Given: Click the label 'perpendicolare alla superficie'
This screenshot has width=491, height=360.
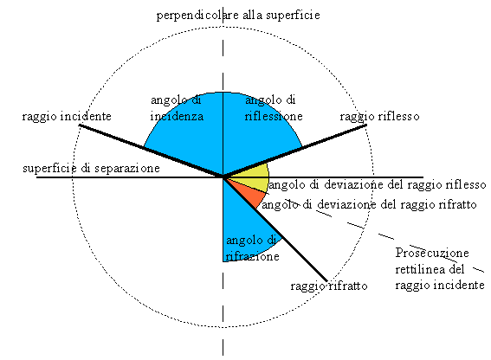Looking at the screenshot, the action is click(238, 15).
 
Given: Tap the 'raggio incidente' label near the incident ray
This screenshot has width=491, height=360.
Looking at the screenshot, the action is click(67, 117).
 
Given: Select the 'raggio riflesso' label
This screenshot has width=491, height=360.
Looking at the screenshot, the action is click(379, 117).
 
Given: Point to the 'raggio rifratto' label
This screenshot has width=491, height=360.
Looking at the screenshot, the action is click(329, 286).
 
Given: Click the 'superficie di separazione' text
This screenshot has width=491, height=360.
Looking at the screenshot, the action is click(91, 169).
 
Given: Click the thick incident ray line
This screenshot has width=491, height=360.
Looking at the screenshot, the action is click(151, 151).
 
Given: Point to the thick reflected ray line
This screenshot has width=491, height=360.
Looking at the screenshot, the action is click(295, 151).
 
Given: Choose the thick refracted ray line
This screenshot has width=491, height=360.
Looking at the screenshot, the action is click(275, 229).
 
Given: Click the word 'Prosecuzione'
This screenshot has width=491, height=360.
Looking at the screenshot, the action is click(432, 253).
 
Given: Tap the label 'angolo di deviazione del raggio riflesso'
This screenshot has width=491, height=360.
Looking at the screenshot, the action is click(378, 184).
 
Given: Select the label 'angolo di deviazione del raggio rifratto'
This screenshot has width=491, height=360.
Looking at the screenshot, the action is click(369, 205).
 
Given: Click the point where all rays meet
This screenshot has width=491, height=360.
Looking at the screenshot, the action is click(223, 177).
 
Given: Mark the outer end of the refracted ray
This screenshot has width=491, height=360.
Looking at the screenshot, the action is click(327, 281).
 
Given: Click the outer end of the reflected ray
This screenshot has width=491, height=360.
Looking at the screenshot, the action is click(366, 125).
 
